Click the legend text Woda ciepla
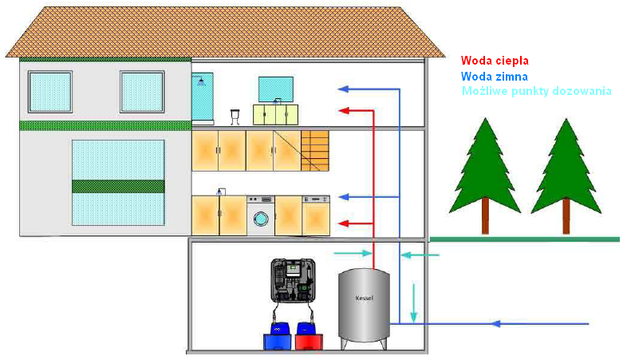coord(495,60)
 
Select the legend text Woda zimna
coord(495,76)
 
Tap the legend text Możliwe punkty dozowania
coord(537,91)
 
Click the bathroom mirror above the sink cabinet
coord(276,89)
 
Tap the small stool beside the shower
coord(235,116)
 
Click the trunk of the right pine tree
coord(566,216)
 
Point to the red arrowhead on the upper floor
coord(343,110)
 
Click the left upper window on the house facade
coord(49,92)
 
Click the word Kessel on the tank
coord(364,299)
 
